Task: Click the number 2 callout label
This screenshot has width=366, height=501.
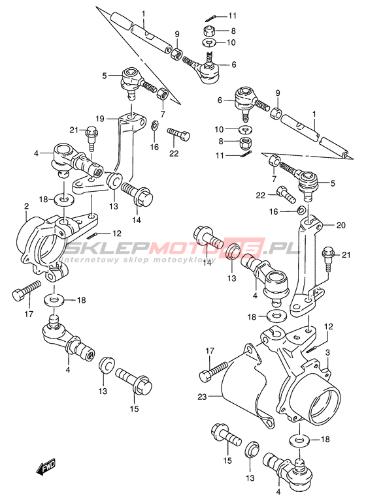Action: tap(26, 207)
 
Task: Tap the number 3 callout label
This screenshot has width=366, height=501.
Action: tap(327, 352)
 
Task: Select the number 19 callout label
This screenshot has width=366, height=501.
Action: tap(99, 119)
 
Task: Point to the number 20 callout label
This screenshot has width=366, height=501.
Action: tap(341, 225)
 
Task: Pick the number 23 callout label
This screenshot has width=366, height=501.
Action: tap(203, 397)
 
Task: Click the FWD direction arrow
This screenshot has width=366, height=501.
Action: tap(46, 466)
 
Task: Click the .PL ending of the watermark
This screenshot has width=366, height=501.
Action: tap(284, 248)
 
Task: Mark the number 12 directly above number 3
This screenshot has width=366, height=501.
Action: tap(329, 327)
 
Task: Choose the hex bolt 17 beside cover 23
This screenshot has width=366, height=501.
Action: tap(214, 371)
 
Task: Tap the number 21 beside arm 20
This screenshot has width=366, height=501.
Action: tap(346, 254)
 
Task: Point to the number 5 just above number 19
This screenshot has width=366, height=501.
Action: tap(104, 76)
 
